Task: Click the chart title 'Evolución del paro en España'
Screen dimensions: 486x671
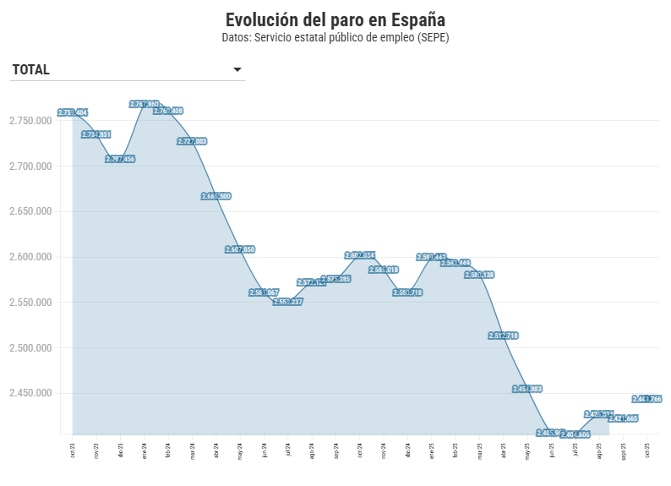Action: pyautogui.click(x=335, y=19)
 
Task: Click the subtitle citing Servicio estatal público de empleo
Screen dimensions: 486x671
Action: pyautogui.click(x=335, y=38)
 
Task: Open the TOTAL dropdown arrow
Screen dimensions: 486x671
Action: pyautogui.click(x=237, y=70)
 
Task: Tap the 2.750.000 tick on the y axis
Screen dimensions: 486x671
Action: pyautogui.click(x=30, y=121)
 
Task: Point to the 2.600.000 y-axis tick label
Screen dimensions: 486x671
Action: pyautogui.click(x=30, y=257)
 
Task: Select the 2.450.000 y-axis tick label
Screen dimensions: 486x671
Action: pyautogui.click(x=30, y=393)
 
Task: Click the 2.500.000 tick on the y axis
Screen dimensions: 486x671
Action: pyautogui.click(x=30, y=348)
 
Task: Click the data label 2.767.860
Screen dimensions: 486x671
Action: pyautogui.click(x=145, y=104)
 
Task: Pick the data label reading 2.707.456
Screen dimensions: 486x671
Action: pyautogui.click(x=121, y=159)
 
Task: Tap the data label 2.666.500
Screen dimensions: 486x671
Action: pyautogui.click(x=216, y=196)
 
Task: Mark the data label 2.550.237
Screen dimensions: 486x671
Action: pyautogui.click(x=288, y=302)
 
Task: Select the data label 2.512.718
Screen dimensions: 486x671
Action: pyautogui.click(x=504, y=336)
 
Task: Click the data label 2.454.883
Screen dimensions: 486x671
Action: pyautogui.click(x=527, y=389)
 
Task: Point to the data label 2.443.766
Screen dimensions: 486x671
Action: pyautogui.click(x=647, y=399)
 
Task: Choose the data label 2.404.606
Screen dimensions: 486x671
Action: pyautogui.click(x=576, y=434)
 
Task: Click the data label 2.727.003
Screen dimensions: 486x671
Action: pyautogui.click(x=193, y=141)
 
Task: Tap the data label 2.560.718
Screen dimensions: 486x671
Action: pyautogui.click(x=408, y=292)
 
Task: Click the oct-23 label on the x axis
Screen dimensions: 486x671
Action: pyautogui.click(x=73, y=450)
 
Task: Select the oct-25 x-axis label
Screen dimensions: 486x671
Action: pyautogui.click(x=647, y=450)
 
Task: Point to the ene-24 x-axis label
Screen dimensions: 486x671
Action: pyautogui.click(x=145, y=450)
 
